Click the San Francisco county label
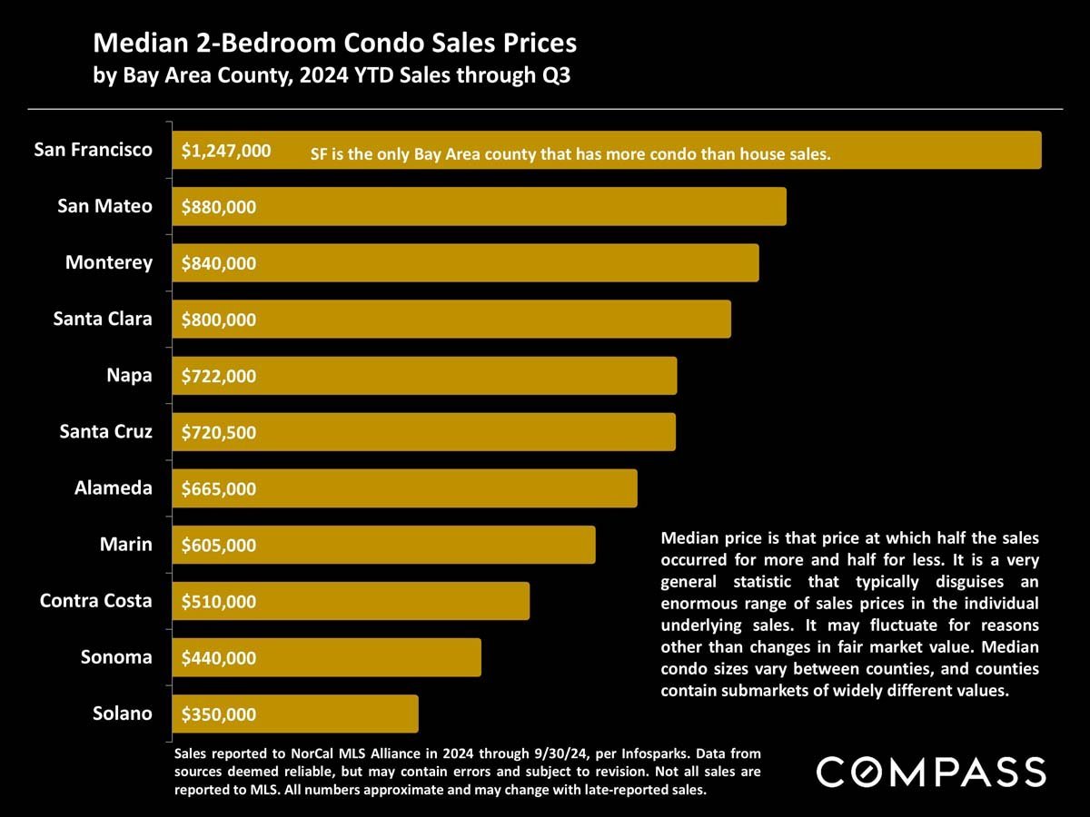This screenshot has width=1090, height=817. (94, 150)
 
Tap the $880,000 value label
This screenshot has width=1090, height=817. (219, 207)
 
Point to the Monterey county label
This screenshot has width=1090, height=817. (109, 262)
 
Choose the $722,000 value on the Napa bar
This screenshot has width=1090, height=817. (219, 376)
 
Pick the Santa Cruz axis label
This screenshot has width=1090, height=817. (106, 431)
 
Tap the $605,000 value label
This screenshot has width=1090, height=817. (219, 546)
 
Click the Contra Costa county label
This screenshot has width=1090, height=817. (96, 600)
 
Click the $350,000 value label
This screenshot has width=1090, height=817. (219, 714)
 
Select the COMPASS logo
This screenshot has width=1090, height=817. (931, 772)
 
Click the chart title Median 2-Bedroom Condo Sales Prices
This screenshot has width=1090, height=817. (335, 43)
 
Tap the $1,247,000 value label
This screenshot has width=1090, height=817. (226, 151)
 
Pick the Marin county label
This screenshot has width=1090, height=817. (126, 545)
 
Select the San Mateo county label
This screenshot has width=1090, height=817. (105, 206)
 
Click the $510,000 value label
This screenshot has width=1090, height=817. (219, 602)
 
